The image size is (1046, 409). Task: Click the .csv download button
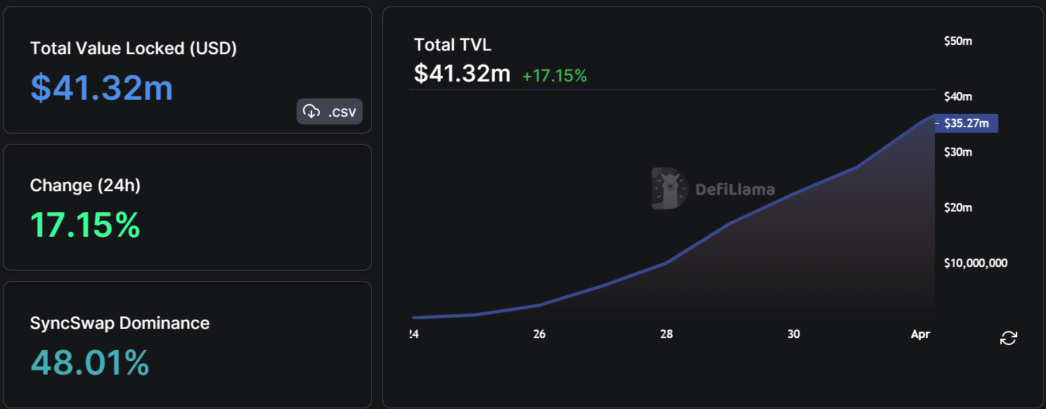[330, 111]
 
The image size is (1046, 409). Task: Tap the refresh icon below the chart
[1008, 338]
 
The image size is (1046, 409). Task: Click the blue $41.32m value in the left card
[102, 88]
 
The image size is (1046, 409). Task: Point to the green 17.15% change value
[85, 225]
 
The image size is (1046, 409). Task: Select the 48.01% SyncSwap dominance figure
[90, 363]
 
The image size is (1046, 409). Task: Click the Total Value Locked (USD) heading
[134, 48]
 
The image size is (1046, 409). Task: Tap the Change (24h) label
[85, 186]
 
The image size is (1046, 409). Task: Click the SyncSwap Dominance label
[120, 323]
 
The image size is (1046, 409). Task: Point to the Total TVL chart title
[453, 45]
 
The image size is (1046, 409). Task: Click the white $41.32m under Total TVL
[462, 73]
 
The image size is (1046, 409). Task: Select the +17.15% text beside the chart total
[554, 76]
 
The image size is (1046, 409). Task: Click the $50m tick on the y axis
[957, 41]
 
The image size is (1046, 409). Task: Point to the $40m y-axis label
[957, 96]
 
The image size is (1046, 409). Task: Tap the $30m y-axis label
[957, 152]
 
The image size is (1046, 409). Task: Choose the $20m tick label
[957, 207]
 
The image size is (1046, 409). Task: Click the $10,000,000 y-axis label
[976, 263]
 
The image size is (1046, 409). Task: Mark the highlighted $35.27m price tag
[967, 124]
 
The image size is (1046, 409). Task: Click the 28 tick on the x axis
[666, 335]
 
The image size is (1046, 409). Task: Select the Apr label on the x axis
[920, 335]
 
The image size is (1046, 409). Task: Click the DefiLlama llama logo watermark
[669, 188]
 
